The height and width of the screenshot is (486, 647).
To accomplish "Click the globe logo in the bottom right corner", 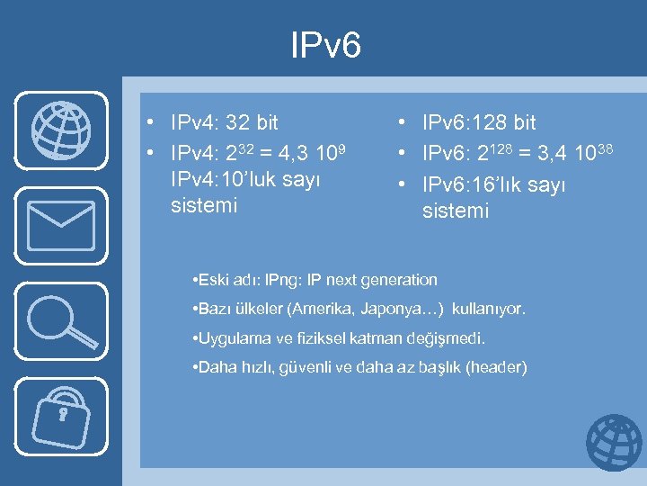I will [x=614, y=443].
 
